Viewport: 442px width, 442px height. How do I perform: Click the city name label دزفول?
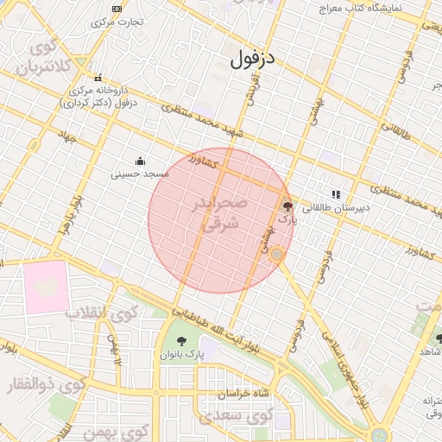click(x=252, y=60)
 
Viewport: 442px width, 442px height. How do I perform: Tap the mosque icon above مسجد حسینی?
click(x=140, y=161)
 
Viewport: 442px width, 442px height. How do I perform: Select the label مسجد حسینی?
click(x=140, y=174)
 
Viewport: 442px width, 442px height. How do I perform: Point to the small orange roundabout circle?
click(x=276, y=255)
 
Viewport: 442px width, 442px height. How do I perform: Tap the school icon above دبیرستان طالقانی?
click(x=336, y=194)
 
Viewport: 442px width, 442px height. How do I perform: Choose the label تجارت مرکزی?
click(x=118, y=21)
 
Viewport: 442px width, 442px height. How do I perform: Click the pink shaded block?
click(x=47, y=287)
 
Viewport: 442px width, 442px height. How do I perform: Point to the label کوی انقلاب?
click(x=98, y=313)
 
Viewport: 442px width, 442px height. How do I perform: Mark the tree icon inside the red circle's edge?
click(x=287, y=206)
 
